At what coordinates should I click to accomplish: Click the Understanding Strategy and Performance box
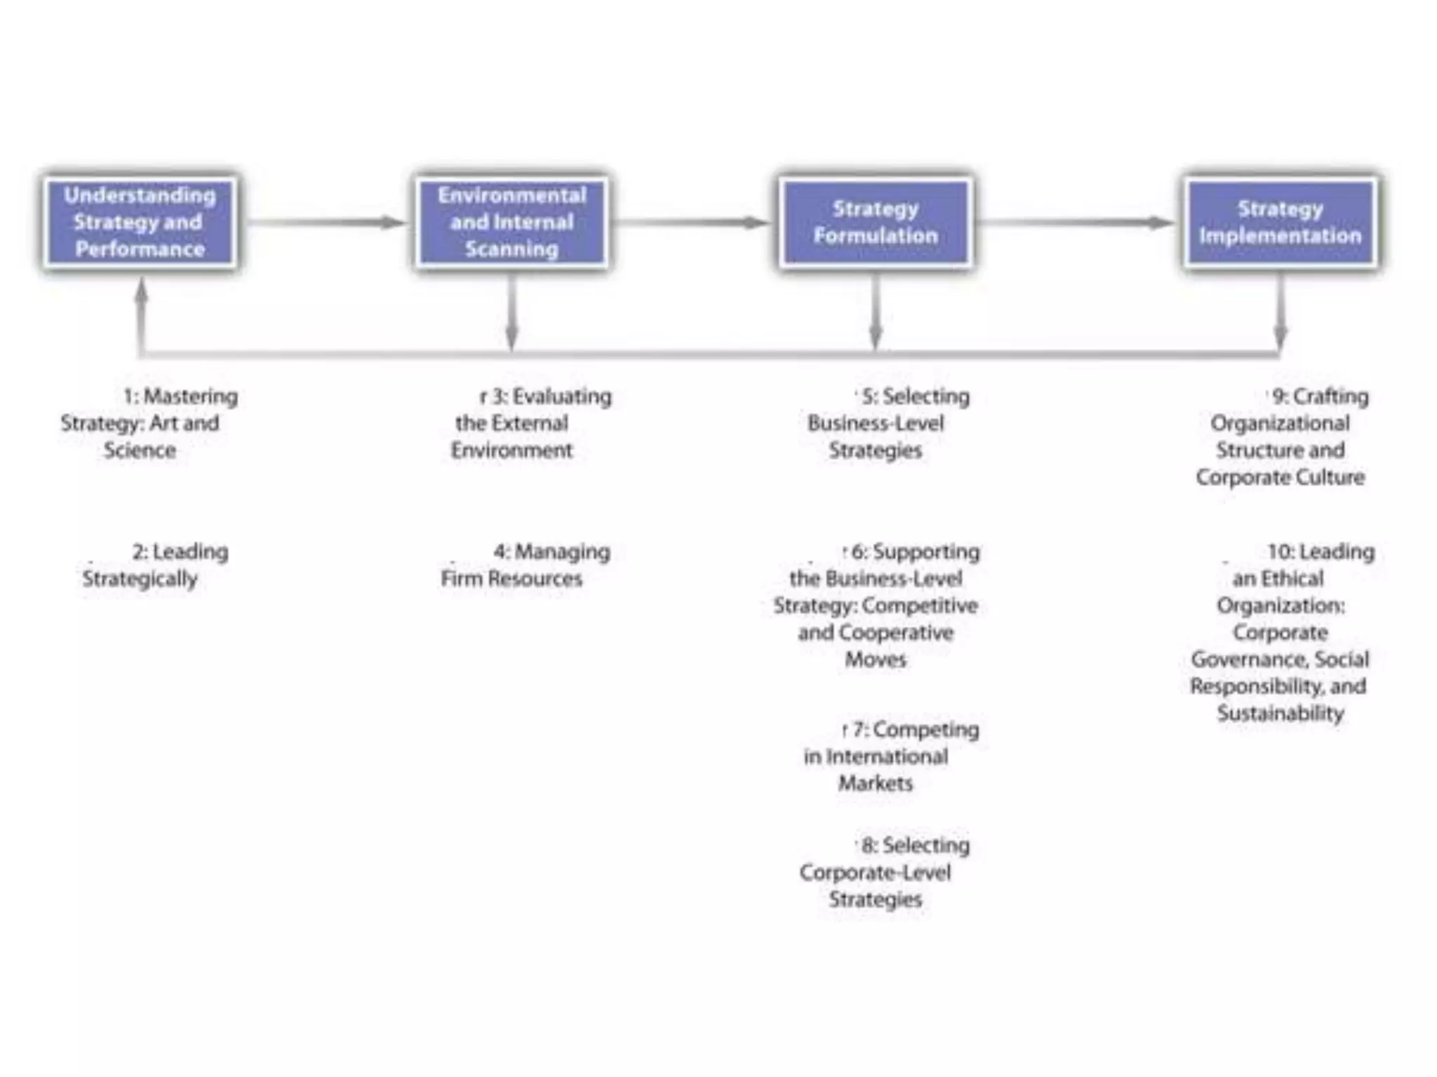tap(140, 222)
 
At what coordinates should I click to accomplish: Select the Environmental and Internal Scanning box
tap(512, 222)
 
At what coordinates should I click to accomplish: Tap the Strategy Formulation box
tap(875, 222)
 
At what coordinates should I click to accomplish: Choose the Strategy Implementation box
tap(1280, 222)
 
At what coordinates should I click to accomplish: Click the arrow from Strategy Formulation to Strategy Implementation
tap(1074, 223)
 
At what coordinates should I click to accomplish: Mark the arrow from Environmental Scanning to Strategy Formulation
tap(691, 223)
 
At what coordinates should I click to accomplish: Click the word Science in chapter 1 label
tap(140, 450)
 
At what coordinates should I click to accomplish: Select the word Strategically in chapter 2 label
tap(140, 579)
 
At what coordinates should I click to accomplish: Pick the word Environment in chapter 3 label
tap(512, 450)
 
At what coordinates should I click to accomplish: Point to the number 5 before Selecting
tap(869, 397)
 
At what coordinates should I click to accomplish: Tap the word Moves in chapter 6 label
tap(875, 660)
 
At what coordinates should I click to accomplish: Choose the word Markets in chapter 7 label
tap(875, 783)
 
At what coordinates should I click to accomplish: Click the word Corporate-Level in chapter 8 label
tap(875, 873)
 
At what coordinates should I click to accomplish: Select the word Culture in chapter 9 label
tap(1330, 477)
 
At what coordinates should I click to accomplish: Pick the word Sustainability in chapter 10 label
tap(1280, 714)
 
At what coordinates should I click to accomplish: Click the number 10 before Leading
tap(1280, 553)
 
